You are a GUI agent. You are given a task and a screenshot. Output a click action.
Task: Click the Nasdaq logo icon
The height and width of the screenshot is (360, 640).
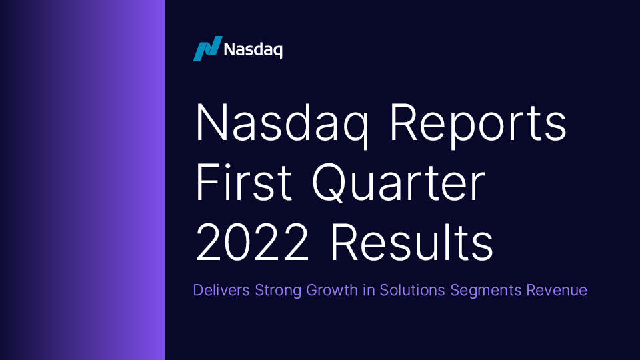[207, 49]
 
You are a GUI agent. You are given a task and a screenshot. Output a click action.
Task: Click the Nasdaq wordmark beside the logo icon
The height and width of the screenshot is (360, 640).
[253, 49]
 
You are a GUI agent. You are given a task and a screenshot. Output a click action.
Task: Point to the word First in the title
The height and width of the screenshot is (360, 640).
[243, 183]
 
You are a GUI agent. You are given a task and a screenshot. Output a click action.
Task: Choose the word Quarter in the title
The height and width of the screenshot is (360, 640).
[399, 183]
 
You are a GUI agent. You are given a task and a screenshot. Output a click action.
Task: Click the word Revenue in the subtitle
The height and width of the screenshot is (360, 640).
[556, 291]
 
